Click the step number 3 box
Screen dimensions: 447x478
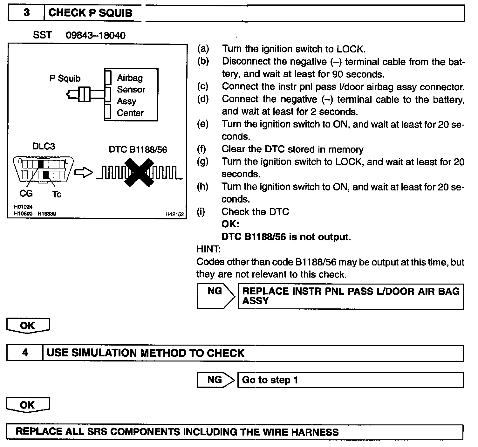point(26,13)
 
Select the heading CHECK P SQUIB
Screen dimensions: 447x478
point(90,13)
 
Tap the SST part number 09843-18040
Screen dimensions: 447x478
point(95,35)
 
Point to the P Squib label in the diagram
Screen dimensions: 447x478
point(65,78)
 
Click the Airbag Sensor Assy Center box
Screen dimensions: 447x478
point(131,95)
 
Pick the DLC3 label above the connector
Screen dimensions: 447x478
point(44,146)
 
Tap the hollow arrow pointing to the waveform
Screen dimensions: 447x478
point(83,173)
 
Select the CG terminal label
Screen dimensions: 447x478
point(26,193)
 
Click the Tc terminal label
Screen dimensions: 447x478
point(57,194)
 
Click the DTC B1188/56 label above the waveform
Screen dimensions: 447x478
point(138,149)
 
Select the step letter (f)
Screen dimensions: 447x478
point(201,149)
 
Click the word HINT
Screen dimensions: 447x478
point(208,249)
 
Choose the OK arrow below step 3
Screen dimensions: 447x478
point(28,326)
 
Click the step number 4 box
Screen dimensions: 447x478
point(25,353)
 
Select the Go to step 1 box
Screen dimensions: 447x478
point(350,380)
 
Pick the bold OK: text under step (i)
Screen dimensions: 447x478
point(230,224)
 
